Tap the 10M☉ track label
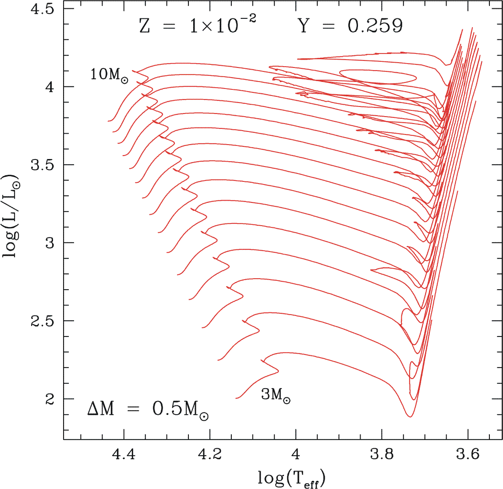(110, 74)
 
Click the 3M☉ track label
(276, 396)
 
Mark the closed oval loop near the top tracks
(378, 77)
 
